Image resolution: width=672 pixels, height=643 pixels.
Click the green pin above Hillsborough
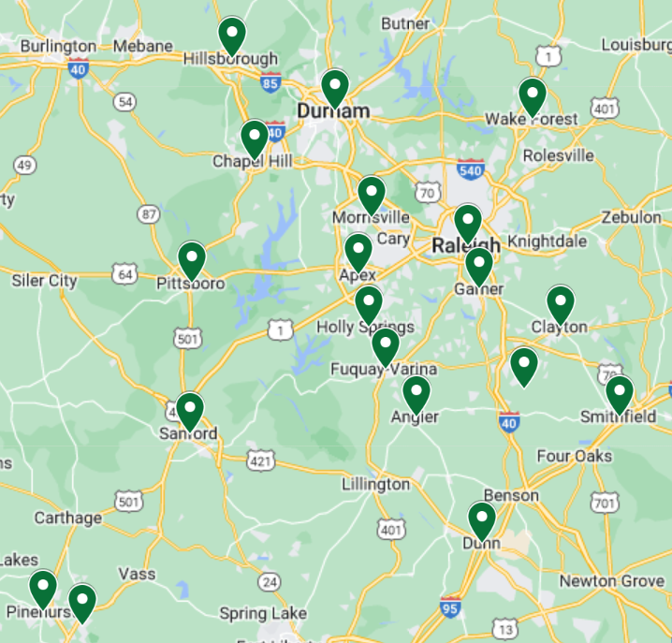[232, 36]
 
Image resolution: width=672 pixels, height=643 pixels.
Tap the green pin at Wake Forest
[533, 95]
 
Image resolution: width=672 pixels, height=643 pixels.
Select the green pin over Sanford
[190, 410]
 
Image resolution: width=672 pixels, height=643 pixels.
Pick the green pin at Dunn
[481, 520]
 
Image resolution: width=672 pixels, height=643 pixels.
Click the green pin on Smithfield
[619, 393]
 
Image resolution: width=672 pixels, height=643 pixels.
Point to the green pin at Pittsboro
[192, 259]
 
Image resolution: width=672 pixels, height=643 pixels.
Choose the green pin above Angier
[416, 393]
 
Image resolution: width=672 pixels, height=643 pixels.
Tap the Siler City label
[44, 280]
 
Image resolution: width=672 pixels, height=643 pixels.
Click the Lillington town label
[375, 484]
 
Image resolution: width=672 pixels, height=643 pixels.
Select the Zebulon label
[633, 216]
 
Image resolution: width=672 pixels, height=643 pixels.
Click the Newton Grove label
[613, 581]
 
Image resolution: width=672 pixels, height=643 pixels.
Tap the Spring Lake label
[263, 614]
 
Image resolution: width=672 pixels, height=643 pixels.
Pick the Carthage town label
[68, 518]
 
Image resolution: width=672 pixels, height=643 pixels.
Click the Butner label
[406, 22]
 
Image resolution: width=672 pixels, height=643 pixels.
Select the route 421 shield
[262, 460]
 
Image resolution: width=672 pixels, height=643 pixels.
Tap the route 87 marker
[148, 214]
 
